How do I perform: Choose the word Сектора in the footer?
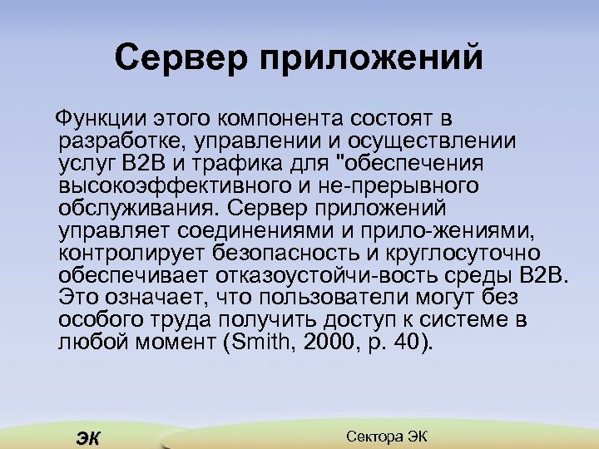pos(373,436)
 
